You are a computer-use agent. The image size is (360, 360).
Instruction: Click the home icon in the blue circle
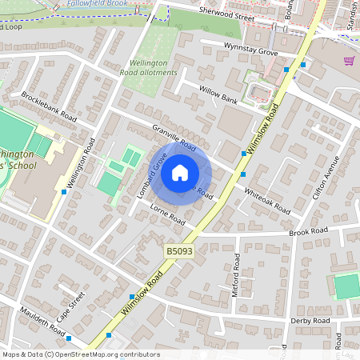pyautogui.click(x=180, y=172)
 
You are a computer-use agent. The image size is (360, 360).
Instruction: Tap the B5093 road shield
pyautogui.click(x=178, y=251)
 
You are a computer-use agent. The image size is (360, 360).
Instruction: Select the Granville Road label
pyautogui.click(x=174, y=137)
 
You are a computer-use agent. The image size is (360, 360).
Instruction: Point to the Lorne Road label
pyautogui.click(x=168, y=214)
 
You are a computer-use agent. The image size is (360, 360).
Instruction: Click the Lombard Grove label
pyautogui.click(x=151, y=174)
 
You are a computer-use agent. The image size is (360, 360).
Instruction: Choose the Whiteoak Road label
pyautogui.click(x=267, y=200)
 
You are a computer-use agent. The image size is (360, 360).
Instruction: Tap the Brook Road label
pyautogui.click(x=309, y=231)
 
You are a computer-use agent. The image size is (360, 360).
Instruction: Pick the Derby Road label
pyautogui.click(x=311, y=320)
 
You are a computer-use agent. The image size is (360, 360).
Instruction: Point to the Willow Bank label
pyautogui.click(x=218, y=95)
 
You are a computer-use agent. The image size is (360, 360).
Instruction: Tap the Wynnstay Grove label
pyautogui.click(x=250, y=50)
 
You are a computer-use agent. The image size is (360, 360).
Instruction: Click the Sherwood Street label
pyautogui.click(x=226, y=15)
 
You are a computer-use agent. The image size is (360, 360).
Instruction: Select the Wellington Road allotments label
pyautogui.click(x=149, y=67)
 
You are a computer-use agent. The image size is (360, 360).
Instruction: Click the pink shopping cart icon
pyautogui.click(x=349, y=61)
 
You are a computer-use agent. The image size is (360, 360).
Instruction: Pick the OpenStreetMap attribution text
pyautogui.click(x=81, y=354)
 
